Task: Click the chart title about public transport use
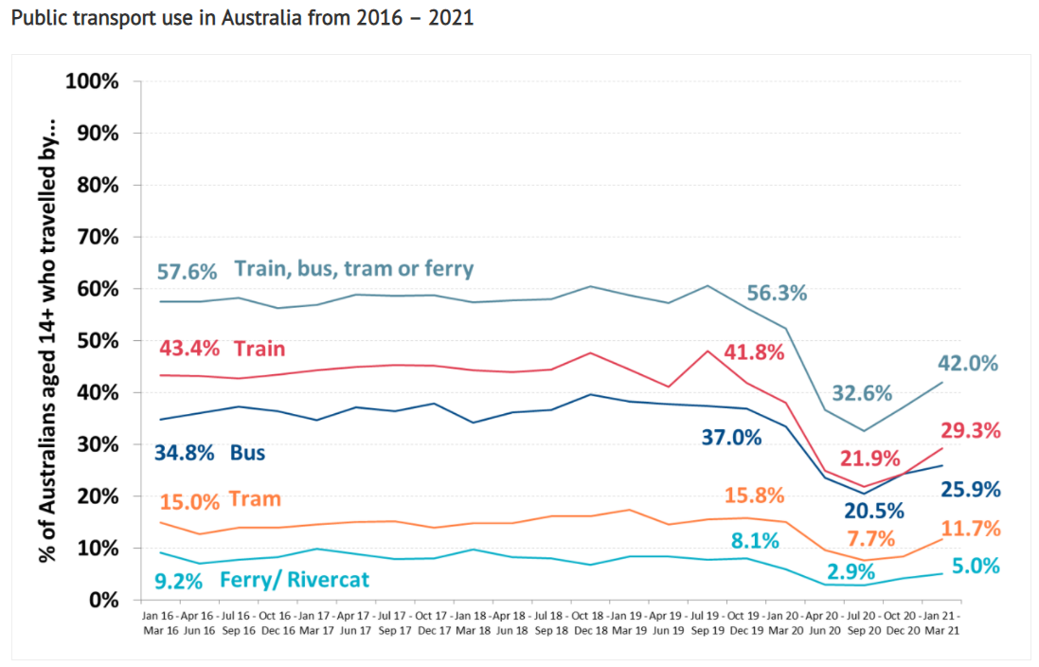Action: tap(242, 19)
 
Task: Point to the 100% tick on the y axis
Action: tap(92, 81)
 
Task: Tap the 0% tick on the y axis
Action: tap(104, 600)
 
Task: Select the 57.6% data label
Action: tap(188, 271)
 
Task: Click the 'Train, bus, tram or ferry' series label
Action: tap(354, 269)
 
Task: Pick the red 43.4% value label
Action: tap(188, 350)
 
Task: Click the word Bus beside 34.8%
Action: tap(247, 453)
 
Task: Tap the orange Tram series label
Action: tap(256, 499)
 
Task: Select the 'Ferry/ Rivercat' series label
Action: tap(294, 580)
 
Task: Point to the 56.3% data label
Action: tap(777, 293)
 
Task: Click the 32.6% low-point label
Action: tap(864, 393)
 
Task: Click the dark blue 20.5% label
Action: tap(873, 511)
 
